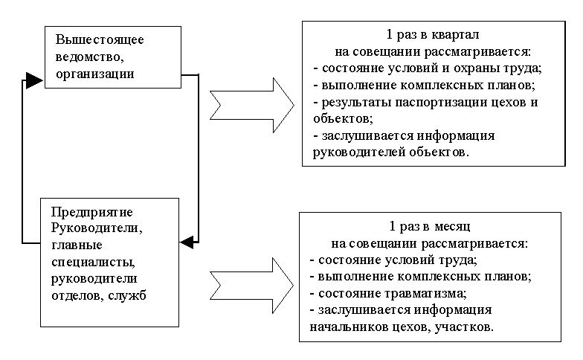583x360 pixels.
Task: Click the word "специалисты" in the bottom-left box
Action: [x=91, y=262]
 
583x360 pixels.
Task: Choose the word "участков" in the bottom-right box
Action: [x=466, y=327]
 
